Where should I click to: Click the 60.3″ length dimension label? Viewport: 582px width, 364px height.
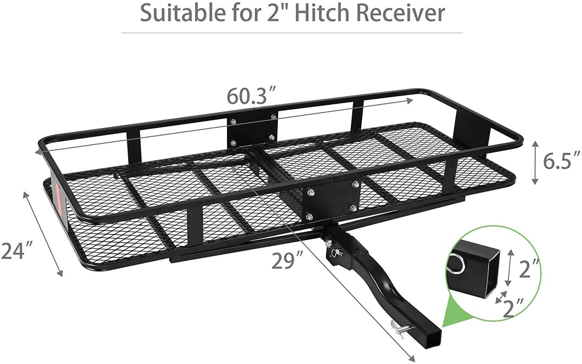coord(251,96)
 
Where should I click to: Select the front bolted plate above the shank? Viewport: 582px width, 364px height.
coord(332,201)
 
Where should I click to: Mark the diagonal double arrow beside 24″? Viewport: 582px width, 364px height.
coord(43,234)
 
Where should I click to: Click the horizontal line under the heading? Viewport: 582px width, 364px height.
coord(292,33)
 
